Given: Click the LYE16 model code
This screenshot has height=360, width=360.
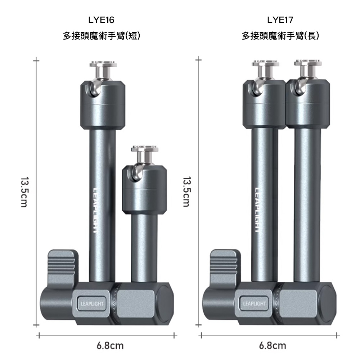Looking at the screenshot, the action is pyautogui.click(x=101, y=20).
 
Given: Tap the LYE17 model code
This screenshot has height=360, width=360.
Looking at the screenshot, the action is pyautogui.click(x=280, y=20).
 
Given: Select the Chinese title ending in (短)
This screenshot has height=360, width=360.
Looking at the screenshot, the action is pyautogui.click(x=102, y=36).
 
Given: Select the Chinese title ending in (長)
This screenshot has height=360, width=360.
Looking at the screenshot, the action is pyautogui.click(x=280, y=36).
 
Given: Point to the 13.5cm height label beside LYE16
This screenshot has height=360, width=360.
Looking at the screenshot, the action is pyautogui.click(x=24, y=192).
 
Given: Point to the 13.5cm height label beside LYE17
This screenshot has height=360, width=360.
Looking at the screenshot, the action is pyautogui.click(x=186, y=192).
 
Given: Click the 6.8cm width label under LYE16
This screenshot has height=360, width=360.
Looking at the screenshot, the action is pyautogui.click(x=110, y=346).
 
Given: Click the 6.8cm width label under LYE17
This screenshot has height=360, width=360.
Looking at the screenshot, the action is pyautogui.click(x=273, y=346).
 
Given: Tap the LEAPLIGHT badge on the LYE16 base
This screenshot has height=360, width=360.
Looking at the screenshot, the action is pyautogui.click(x=92, y=304).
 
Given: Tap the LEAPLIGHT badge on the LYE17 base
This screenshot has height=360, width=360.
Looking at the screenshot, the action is pyautogui.click(x=255, y=303).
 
